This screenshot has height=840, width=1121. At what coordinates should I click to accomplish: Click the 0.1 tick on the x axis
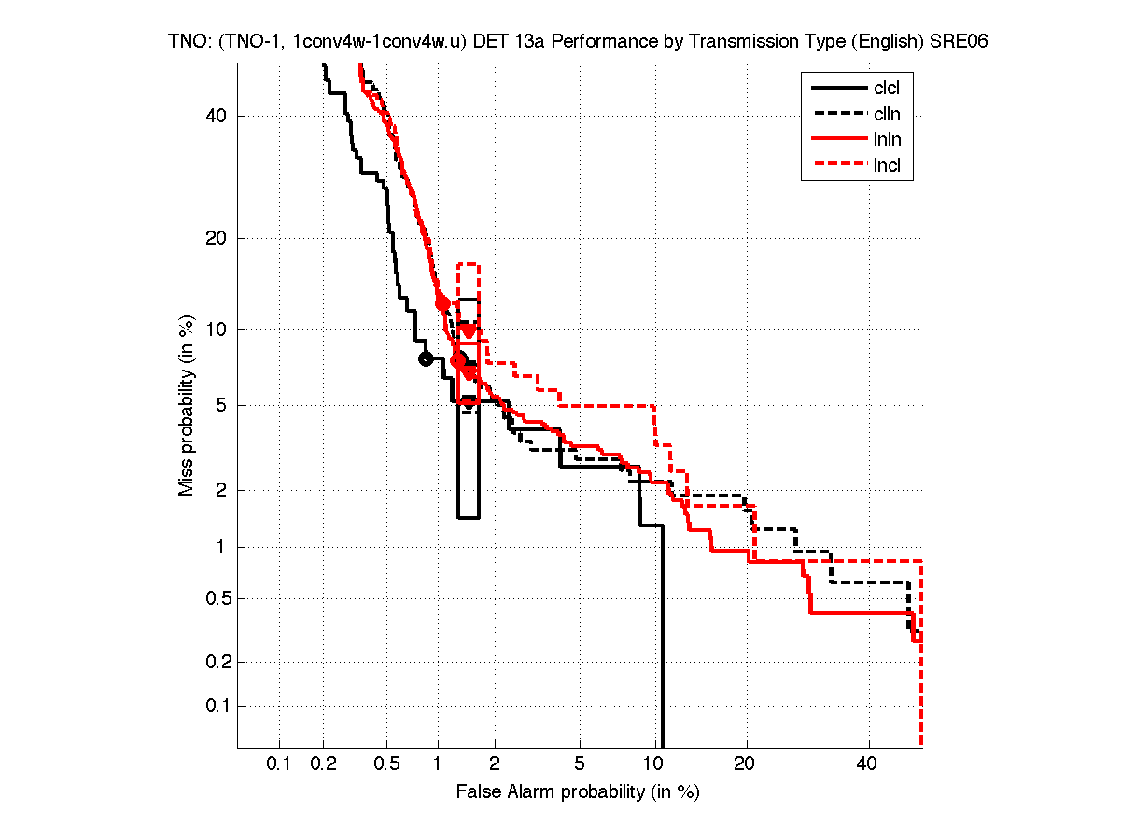(x=279, y=764)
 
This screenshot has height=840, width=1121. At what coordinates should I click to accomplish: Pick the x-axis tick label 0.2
(x=324, y=764)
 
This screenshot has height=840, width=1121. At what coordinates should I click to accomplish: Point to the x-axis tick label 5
(x=580, y=764)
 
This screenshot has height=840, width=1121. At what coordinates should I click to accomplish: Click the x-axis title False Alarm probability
(x=577, y=792)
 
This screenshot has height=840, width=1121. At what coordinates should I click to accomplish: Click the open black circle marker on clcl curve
(x=426, y=358)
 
